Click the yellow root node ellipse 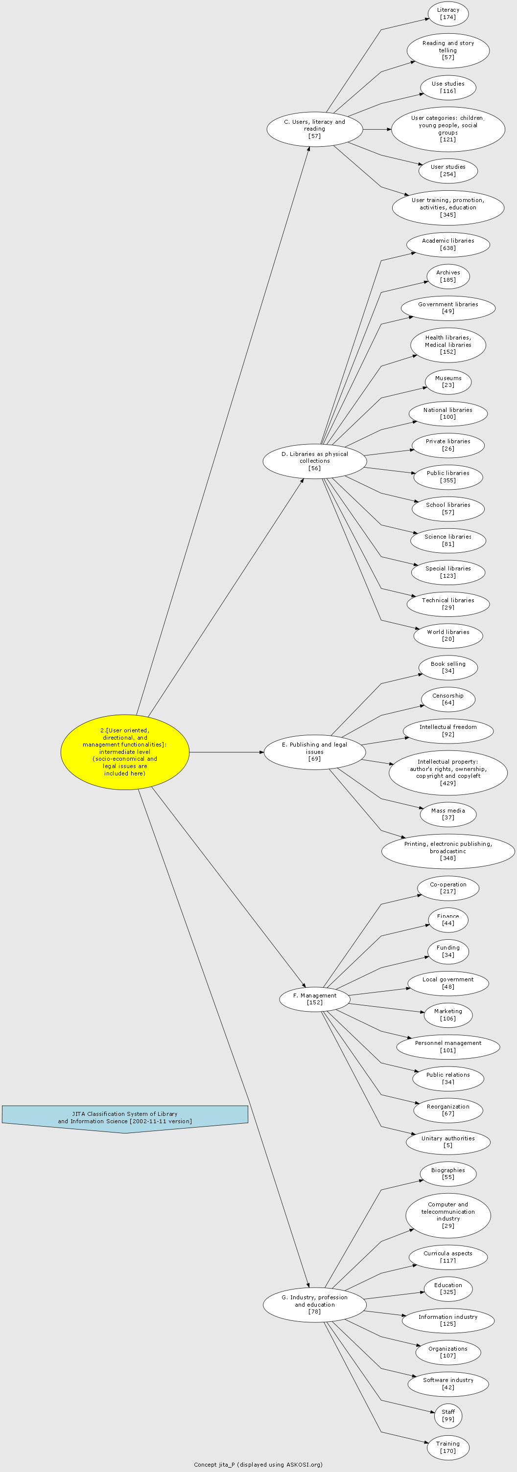[125, 752]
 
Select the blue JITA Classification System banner [125, 1119]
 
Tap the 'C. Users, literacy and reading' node [314, 129]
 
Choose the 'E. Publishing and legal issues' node [314, 752]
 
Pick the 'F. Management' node [314, 999]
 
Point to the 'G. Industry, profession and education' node [314, 1305]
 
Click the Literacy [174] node [448, 14]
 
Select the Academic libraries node [448, 245]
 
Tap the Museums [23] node [448, 382]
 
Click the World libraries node [448, 635]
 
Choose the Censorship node [448, 699]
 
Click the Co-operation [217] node [448, 888]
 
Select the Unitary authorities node [448, 1142]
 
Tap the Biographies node [448, 1174]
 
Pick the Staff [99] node [448, 1415]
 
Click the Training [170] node [448, 1447]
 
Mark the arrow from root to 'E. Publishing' [227, 752]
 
